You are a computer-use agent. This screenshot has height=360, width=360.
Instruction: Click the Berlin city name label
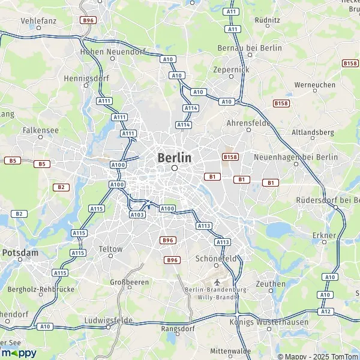tap(175, 157)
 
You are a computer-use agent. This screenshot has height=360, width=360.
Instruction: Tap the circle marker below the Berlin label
tap(175, 169)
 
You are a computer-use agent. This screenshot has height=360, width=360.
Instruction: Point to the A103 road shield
tap(137, 214)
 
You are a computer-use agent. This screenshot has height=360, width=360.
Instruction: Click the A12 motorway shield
tap(326, 311)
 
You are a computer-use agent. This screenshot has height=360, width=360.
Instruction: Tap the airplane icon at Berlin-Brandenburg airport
tap(216, 281)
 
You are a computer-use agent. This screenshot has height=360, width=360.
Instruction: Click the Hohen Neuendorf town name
tap(106, 52)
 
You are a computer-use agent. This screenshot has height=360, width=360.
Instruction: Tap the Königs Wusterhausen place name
tap(269, 322)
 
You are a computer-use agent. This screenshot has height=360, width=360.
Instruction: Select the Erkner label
tap(324, 236)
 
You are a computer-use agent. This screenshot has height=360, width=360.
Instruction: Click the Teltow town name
tap(110, 248)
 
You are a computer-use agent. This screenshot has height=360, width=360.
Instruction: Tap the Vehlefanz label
tap(38, 20)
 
